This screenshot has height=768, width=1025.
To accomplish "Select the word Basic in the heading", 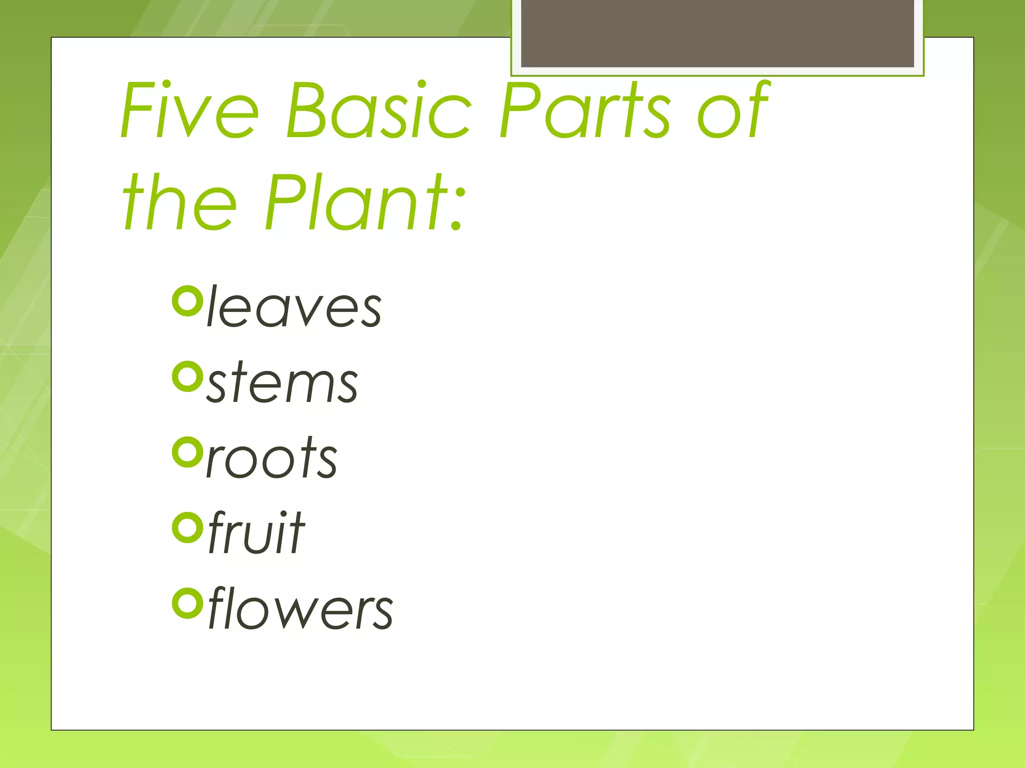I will (x=378, y=110).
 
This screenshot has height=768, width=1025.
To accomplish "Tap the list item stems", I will (x=282, y=382).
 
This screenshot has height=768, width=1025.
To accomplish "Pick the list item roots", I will (x=272, y=457).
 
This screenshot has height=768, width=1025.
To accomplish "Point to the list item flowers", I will (x=300, y=608).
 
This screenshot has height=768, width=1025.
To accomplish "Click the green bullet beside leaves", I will (x=187, y=301).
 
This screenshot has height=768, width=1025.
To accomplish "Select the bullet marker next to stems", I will (x=187, y=376).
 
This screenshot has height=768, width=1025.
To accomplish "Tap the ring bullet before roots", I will (x=187, y=452).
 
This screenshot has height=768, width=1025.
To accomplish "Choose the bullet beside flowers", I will (x=187, y=603).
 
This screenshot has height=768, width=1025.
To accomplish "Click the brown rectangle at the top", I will (x=717, y=33).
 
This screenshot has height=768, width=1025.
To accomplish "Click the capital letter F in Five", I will (x=138, y=110).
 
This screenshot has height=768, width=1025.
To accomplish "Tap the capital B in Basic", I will (x=306, y=110).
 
